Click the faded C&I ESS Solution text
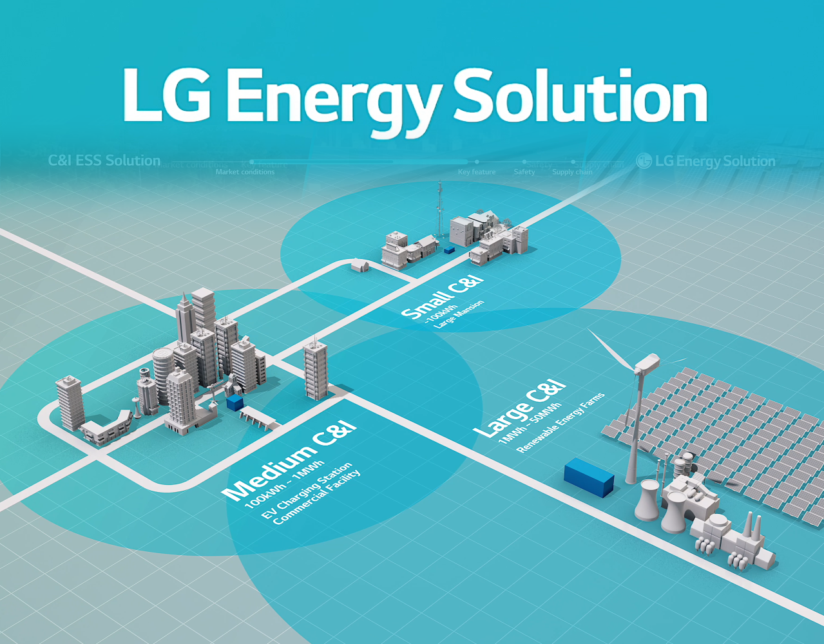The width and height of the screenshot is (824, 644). [104, 160]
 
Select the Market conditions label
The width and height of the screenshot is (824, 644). [245, 172]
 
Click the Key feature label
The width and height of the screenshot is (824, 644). [477, 172]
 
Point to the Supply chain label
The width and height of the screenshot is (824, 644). [572, 172]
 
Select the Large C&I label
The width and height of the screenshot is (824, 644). [519, 409]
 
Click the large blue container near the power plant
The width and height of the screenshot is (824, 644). [589, 477]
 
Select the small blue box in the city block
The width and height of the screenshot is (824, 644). [235, 403]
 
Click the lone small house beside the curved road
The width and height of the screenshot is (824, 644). [359, 265]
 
